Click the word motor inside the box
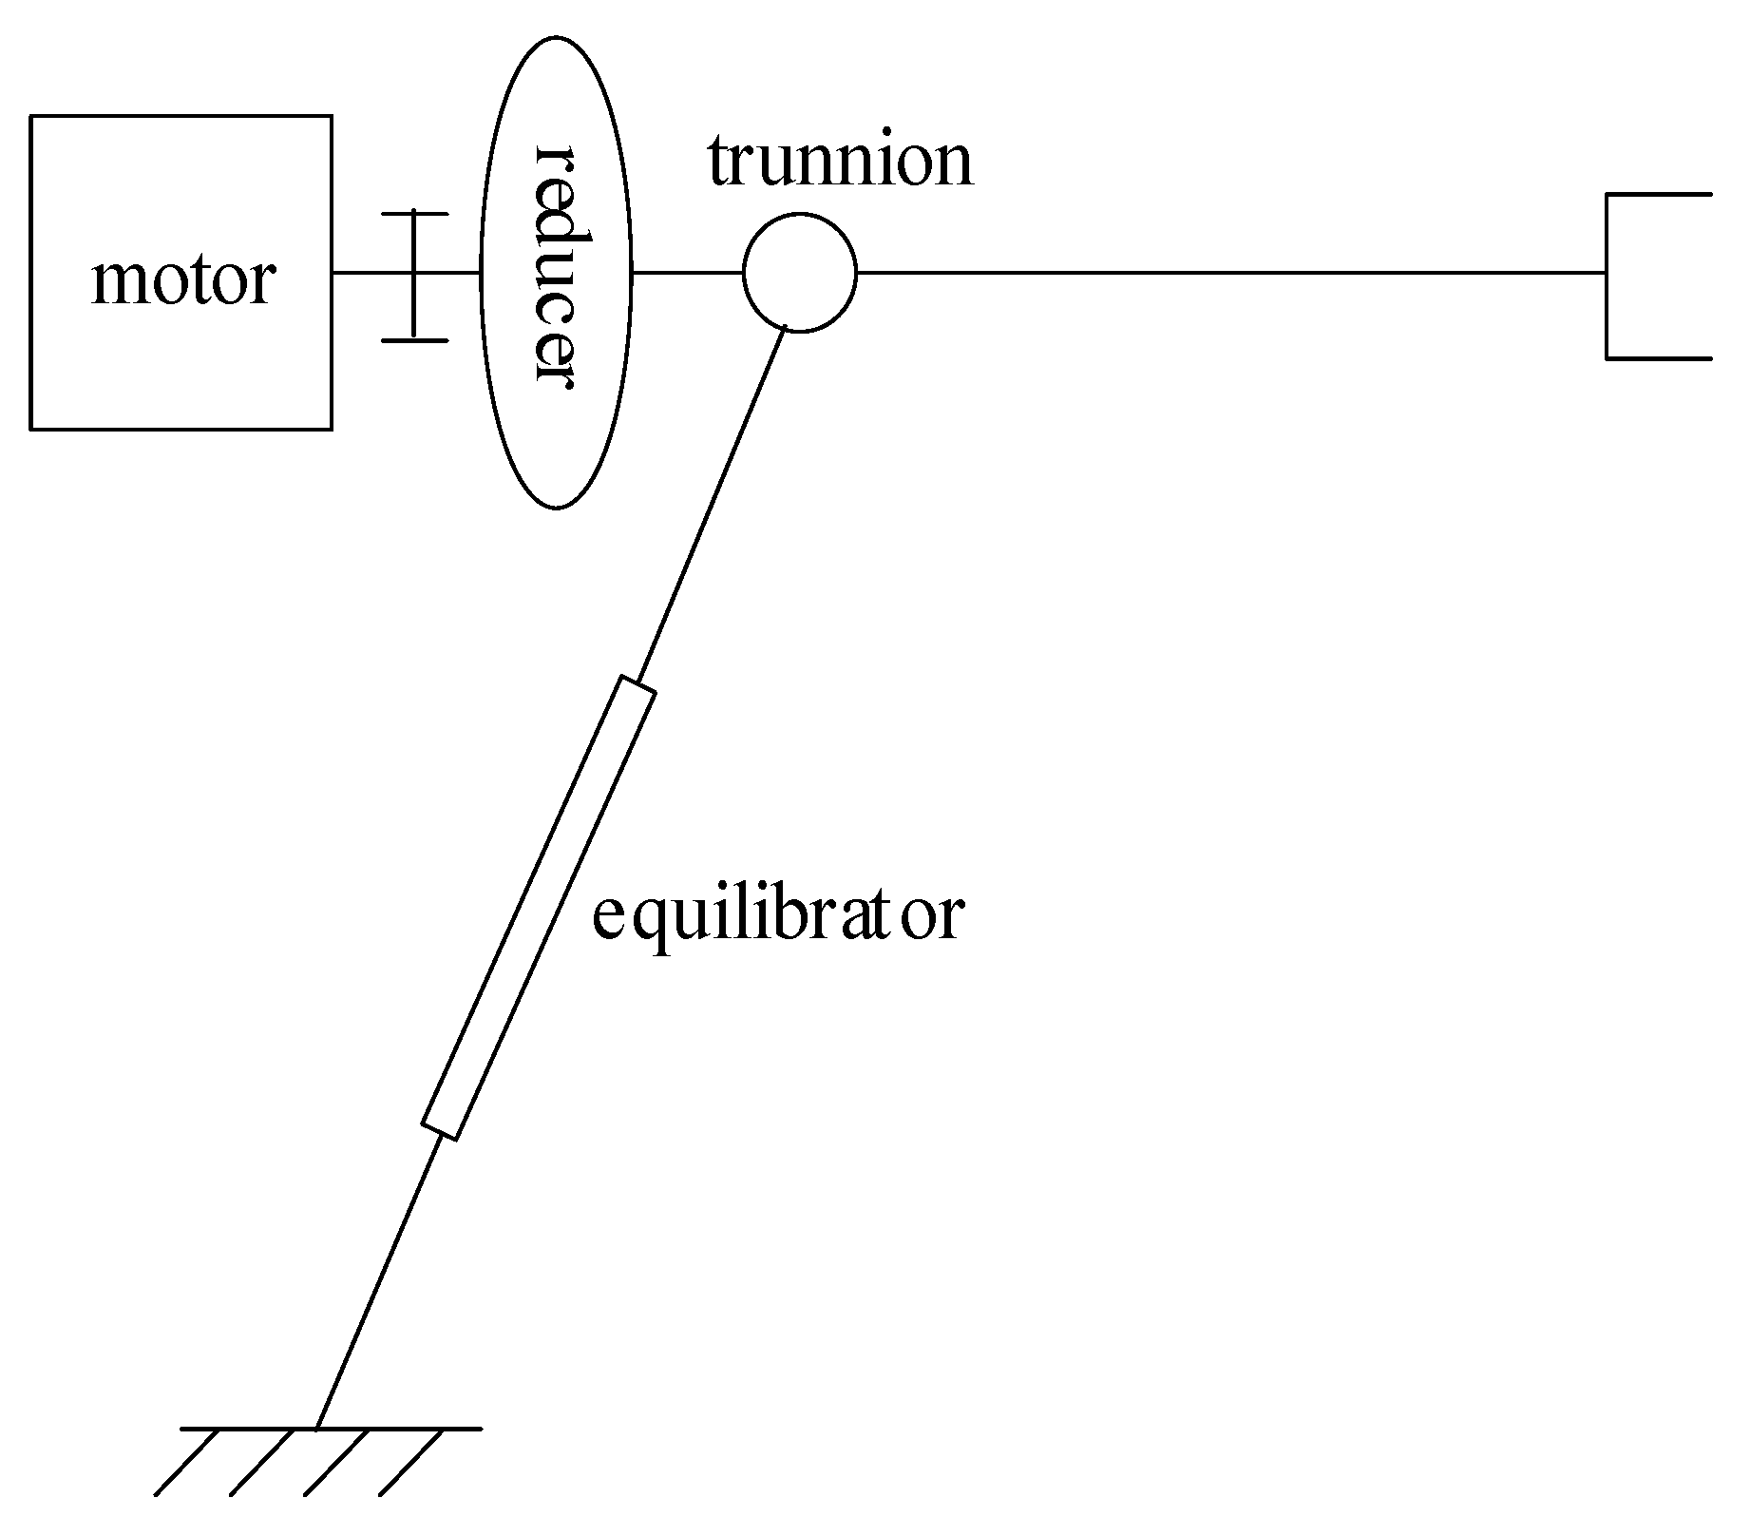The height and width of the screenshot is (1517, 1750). [183, 280]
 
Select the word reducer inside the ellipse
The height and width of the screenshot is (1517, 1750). [556, 269]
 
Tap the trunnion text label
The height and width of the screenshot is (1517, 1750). [840, 162]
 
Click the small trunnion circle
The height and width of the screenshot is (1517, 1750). [799, 273]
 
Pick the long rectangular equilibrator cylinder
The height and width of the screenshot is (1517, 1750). [539, 908]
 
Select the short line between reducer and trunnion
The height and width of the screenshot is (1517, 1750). [686, 273]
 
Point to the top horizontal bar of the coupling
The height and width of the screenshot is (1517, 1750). [414, 215]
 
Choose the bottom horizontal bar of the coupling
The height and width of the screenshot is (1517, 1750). [414, 338]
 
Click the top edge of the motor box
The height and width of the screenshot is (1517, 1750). [181, 116]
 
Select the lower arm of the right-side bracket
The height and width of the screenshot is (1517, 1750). [1659, 358]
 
